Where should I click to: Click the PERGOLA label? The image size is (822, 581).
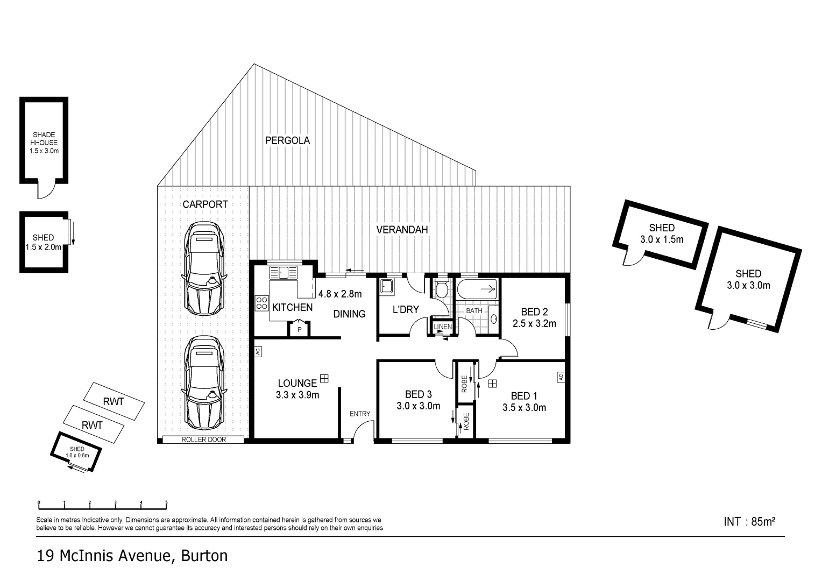coord(287,140)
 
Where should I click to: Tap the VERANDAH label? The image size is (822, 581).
coord(402,230)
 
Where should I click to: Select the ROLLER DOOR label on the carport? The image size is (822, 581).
coord(204,440)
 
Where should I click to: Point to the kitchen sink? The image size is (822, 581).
coord(284,273)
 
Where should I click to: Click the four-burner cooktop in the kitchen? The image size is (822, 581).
coord(261,303)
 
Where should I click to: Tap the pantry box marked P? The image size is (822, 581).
coord(300,329)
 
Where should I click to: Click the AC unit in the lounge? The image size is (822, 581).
coord(258,352)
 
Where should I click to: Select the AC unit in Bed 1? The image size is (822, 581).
coord(561,377)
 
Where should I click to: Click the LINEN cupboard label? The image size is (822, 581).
coord(443,327)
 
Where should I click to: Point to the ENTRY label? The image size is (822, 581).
coord(359,414)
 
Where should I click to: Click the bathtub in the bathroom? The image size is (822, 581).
coord(477,289)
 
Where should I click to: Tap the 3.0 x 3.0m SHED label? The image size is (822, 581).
coord(748,279)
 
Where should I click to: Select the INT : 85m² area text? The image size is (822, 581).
coord(749,521)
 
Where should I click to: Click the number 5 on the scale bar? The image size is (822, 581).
coord(166,503)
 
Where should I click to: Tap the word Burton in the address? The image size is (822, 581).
coord(204,556)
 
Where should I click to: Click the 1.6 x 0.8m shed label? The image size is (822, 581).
coord(77,456)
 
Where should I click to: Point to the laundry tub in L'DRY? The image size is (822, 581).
coord(387,287)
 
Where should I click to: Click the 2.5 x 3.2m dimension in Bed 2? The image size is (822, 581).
coord(534,323)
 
